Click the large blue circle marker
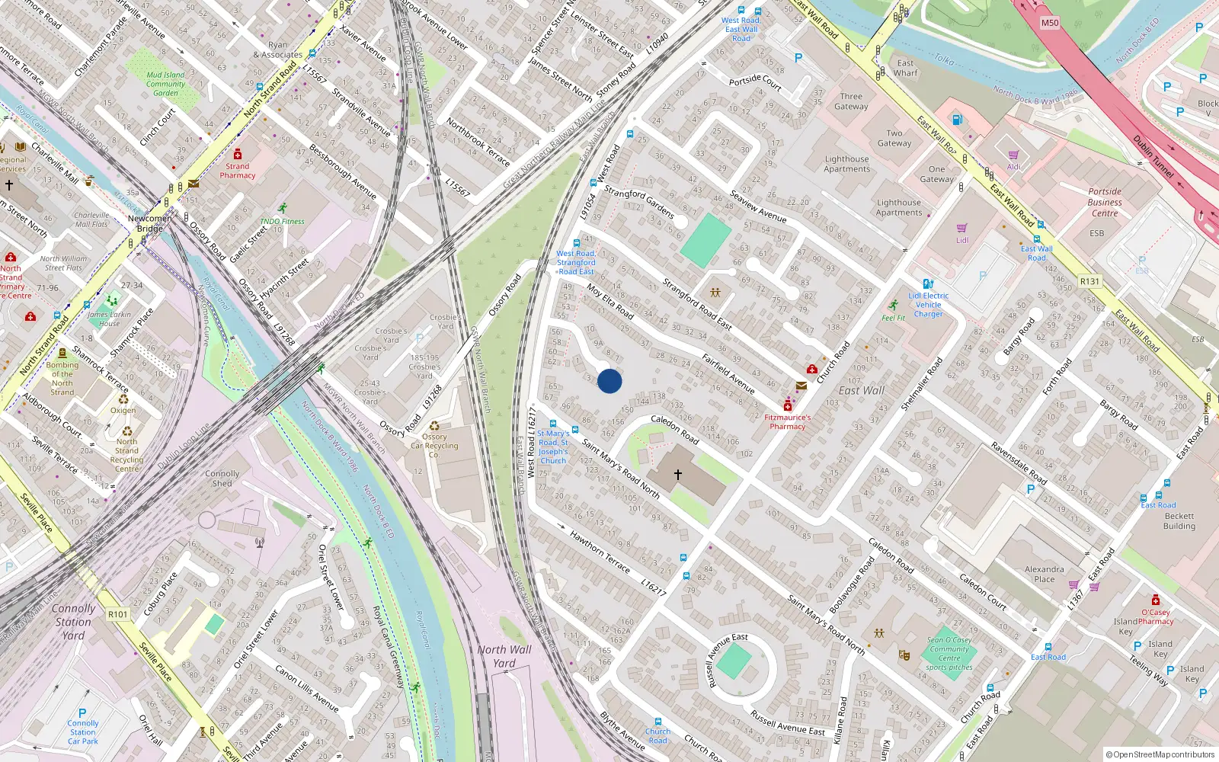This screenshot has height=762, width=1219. click(x=609, y=381)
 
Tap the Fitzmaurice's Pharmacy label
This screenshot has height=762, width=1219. click(x=788, y=422)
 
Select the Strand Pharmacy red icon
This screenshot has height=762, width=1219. click(x=238, y=154)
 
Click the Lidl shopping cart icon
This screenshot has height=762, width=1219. click(x=962, y=228)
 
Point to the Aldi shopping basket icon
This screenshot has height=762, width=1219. click(x=1013, y=155)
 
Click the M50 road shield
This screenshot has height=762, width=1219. click(x=1050, y=23)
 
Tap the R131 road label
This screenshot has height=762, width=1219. click(x=1089, y=281)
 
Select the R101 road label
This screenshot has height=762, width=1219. click(x=117, y=614)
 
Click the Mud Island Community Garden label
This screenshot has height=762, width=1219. click(x=165, y=84)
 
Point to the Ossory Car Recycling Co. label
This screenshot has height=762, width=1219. click(x=434, y=446)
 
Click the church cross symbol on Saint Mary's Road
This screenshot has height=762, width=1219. click(x=677, y=475)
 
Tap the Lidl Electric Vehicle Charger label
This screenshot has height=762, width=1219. click(x=928, y=305)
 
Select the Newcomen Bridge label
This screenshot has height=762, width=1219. click(x=150, y=223)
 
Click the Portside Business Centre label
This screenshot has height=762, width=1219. click(x=1105, y=202)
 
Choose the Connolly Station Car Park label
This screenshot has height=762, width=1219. click(x=83, y=732)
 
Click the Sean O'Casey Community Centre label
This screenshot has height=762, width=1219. click(x=949, y=649)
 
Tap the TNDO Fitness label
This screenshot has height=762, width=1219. click(x=282, y=222)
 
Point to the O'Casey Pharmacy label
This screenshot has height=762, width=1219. click(x=1156, y=616)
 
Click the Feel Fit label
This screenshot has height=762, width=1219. click(x=893, y=318)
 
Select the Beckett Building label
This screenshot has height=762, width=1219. click(x=1179, y=521)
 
